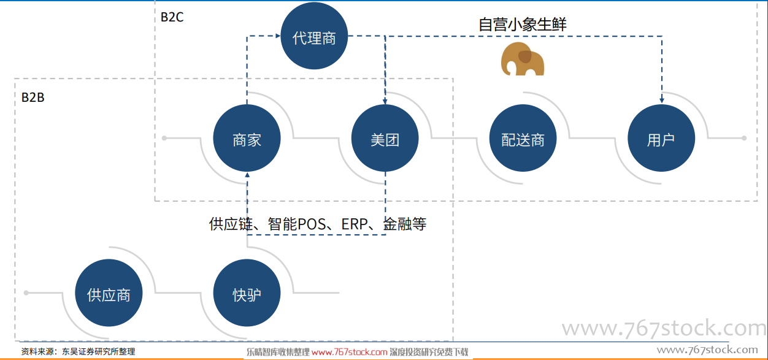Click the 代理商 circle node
click(x=314, y=36)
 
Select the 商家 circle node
click(x=247, y=138)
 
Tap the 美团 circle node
click(x=385, y=138)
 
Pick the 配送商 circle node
click(x=523, y=138)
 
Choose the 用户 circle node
click(x=661, y=138)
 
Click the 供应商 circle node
click(x=109, y=293)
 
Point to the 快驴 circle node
click(x=247, y=293)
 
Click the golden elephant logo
click(x=523, y=59)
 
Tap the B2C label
click(x=172, y=17)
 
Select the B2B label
click(x=33, y=98)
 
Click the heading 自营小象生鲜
click(x=523, y=25)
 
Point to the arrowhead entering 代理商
click(x=278, y=36)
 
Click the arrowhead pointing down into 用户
click(x=662, y=101)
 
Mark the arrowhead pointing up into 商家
click(x=247, y=175)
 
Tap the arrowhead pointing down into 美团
click(x=385, y=101)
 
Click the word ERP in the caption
click(x=355, y=224)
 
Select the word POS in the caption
click(x=312, y=224)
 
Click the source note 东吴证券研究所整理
click(x=98, y=351)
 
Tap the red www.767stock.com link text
click(x=350, y=352)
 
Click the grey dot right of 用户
click(x=744, y=138)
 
